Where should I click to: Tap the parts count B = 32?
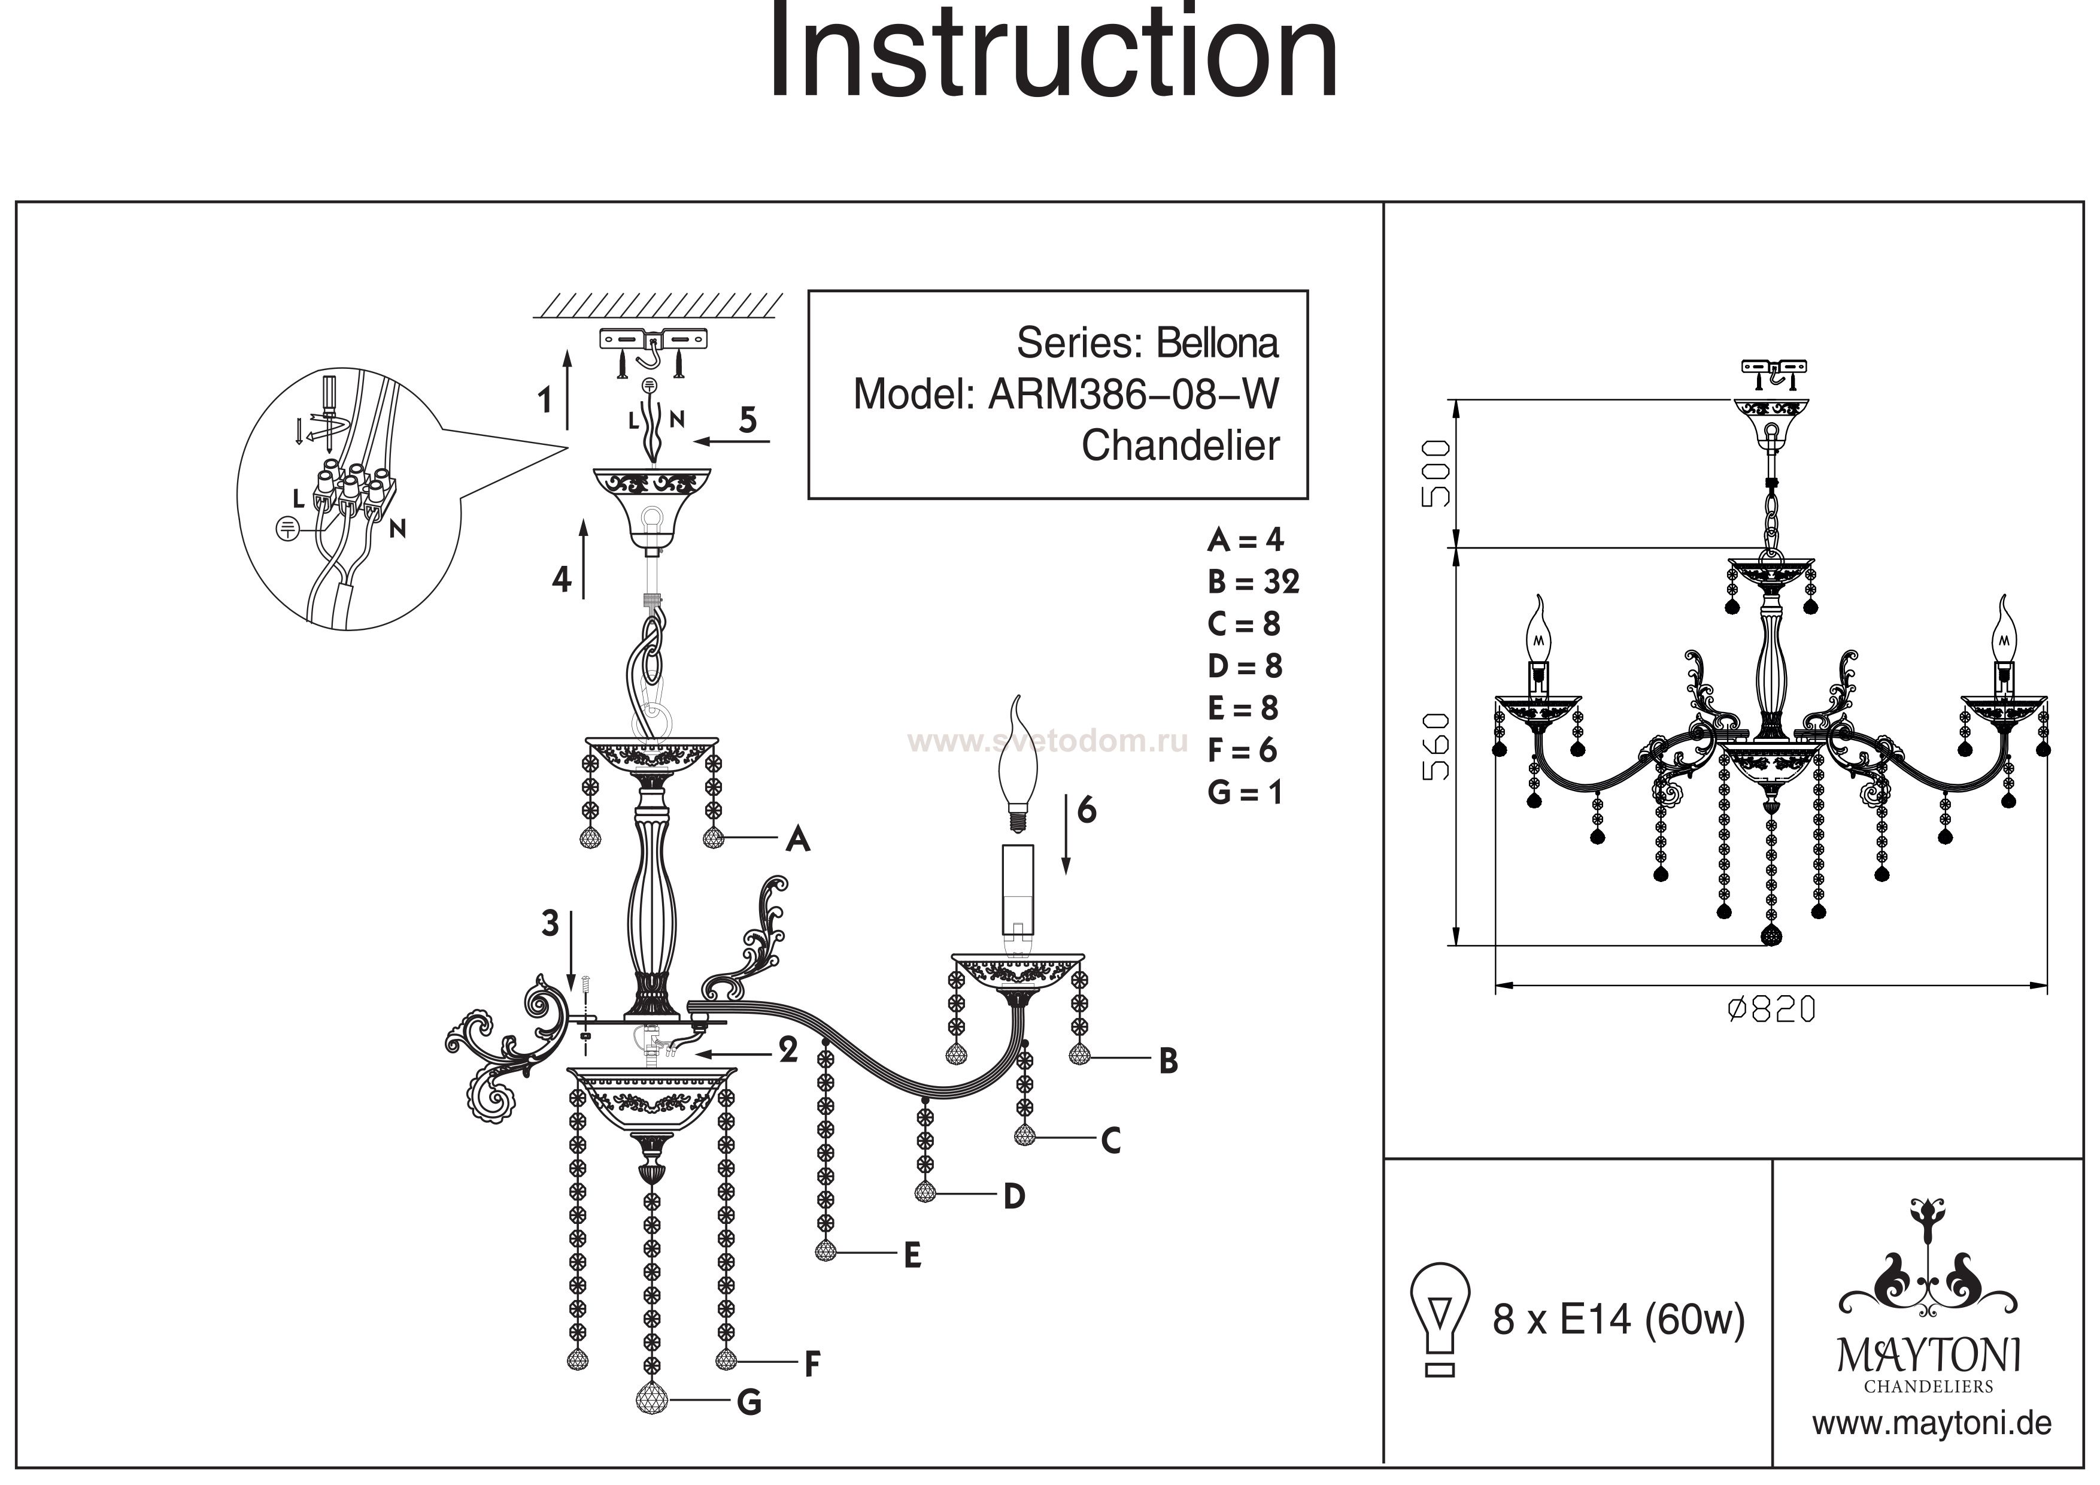1252,582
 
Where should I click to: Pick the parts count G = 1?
1245,792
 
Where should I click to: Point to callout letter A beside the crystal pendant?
797,838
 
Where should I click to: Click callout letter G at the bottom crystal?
749,1402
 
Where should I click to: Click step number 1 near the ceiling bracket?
545,400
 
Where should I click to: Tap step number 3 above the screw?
550,923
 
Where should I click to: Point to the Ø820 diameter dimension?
1771,1009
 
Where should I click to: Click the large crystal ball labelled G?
652,1400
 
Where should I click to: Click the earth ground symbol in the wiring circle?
286,528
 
